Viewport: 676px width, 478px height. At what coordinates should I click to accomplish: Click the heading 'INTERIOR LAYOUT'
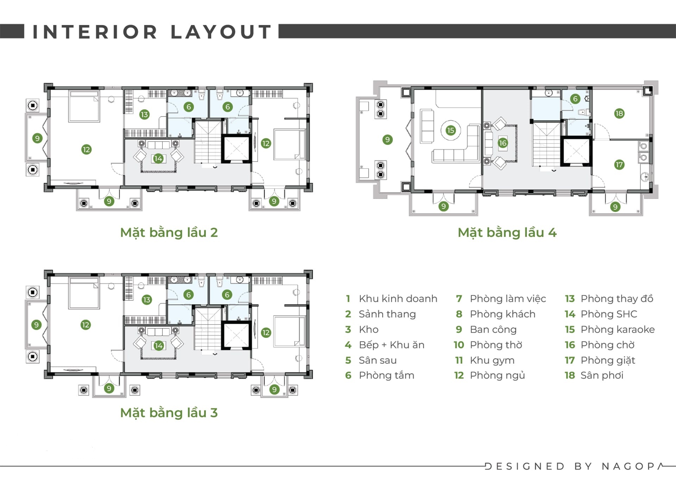[152, 32]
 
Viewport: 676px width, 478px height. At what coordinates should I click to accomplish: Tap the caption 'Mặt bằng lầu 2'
[169, 233]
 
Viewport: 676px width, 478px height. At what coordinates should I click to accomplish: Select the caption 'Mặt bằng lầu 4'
[507, 233]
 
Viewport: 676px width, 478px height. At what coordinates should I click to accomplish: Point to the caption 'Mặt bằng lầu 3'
[169, 413]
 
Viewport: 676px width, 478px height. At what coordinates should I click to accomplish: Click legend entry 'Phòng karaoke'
[618, 329]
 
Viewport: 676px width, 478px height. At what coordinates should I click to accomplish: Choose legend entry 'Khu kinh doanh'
[398, 298]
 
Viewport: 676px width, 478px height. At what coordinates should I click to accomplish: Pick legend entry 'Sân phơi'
[602, 375]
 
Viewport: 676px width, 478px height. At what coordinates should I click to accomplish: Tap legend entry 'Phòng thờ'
[496, 345]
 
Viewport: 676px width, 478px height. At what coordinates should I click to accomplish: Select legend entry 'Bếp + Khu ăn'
[392, 345]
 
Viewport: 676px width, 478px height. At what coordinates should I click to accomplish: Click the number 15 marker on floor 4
[450, 131]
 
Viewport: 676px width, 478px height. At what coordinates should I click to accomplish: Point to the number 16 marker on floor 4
[502, 143]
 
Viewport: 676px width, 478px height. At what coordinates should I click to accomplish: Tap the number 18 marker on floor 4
[619, 113]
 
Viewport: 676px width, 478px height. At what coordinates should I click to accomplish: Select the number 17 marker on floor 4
[619, 164]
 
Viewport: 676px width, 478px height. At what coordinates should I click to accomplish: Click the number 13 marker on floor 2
[144, 114]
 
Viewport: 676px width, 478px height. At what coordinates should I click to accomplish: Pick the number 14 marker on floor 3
[158, 346]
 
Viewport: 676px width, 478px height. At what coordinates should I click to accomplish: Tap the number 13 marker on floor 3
[146, 300]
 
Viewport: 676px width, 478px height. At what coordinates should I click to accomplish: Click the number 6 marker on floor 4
[575, 99]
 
